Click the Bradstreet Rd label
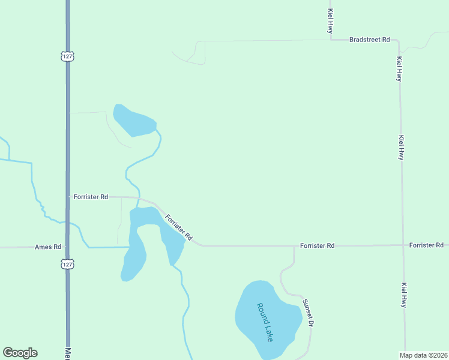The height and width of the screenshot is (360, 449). coord(370,40)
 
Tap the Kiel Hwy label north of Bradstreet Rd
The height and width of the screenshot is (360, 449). coord(330,20)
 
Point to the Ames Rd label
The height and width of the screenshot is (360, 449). coord(48,247)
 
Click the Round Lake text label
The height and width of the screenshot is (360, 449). coord(265,322)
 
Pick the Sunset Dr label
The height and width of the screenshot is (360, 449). coord(308,313)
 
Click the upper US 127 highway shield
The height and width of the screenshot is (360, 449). coord(67,56)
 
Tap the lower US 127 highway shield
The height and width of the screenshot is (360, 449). coord(67,264)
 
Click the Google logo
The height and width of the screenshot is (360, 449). coord(20,353)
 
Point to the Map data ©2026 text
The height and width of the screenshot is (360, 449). coord(423,355)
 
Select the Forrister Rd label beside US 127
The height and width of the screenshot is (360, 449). coord(91,197)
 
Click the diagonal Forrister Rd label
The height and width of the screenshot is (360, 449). coord(178,227)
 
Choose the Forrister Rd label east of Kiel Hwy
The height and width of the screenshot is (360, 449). coord(426,245)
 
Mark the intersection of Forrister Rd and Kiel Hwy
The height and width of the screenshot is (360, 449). coord(402,245)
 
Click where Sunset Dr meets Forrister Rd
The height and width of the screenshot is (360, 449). coord(294,245)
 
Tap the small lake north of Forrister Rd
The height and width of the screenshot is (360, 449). coord(134,120)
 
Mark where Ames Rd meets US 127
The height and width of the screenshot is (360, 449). coord(67,247)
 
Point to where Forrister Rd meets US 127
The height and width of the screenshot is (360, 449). coord(68,197)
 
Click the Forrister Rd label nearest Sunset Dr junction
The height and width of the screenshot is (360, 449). coord(317,246)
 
